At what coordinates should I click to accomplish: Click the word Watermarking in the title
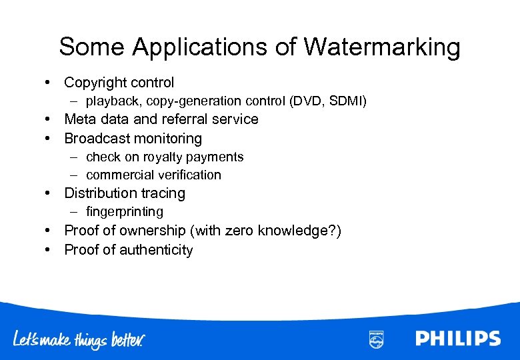coord(382,47)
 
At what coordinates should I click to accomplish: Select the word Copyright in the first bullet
coord(95,83)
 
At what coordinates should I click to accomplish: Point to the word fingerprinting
coord(125,211)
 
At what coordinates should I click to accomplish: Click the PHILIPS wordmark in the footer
coord(457,338)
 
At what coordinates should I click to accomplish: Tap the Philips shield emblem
coord(375,339)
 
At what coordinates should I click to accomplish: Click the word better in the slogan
coord(126,339)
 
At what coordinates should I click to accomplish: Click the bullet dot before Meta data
coord(50,119)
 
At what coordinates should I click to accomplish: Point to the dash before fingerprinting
coord(75,211)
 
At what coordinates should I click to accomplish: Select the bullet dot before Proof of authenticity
coord(50,250)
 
